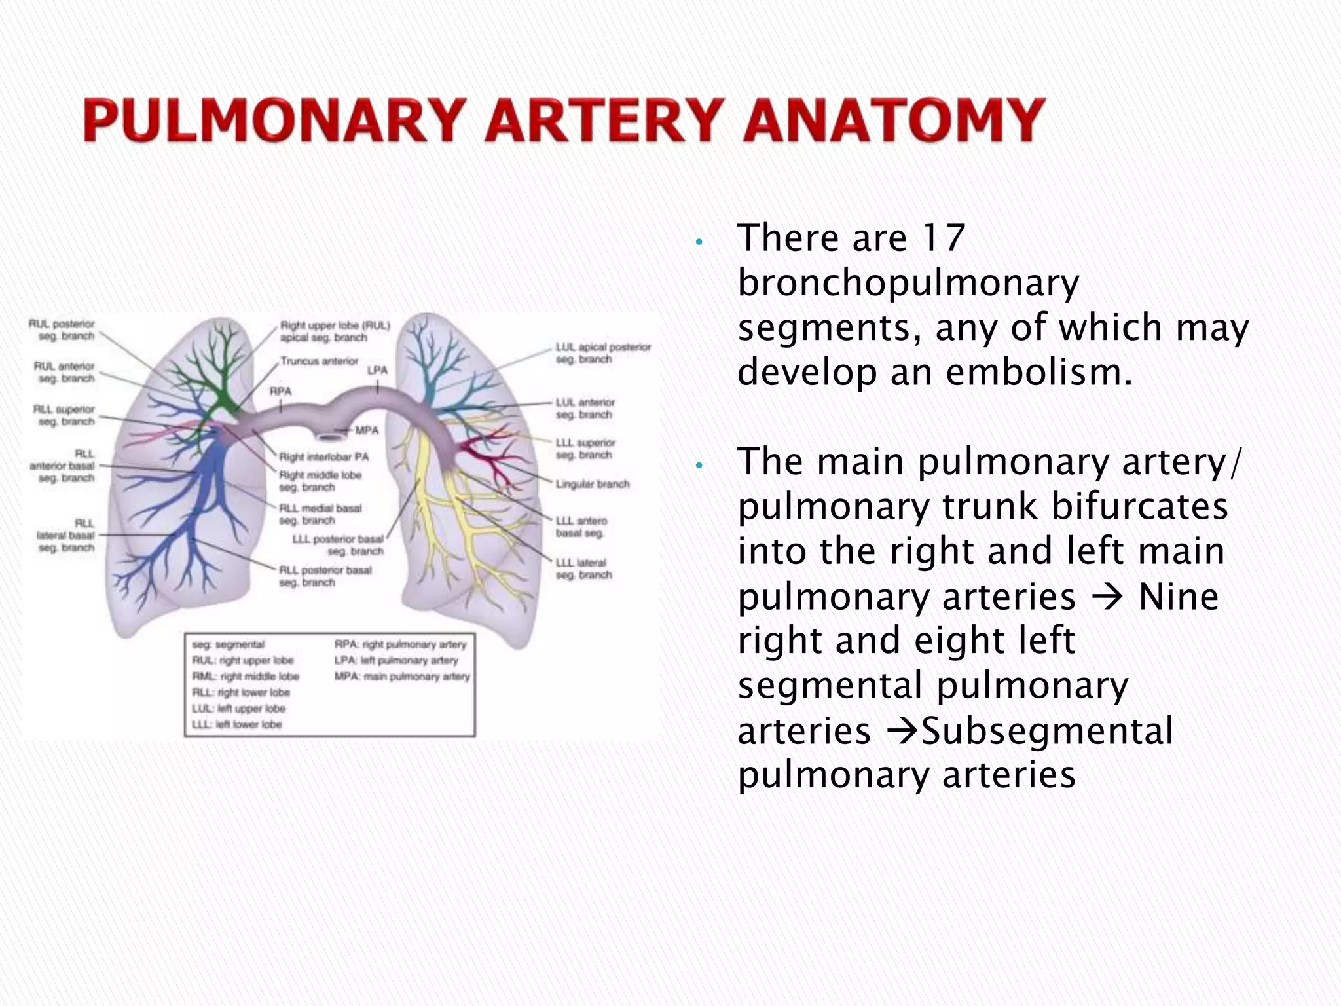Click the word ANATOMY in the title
pos(893,121)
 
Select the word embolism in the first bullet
pos(1039,372)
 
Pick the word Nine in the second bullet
pos(1179,597)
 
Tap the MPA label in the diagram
pos(367,430)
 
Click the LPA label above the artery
pos(377,370)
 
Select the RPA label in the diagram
pos(281,391)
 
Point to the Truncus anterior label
pos(319,361)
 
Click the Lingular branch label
pos(592,484)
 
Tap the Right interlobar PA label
pos(323,456)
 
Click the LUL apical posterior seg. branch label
pos(602,353)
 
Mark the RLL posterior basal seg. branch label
pos(325,576)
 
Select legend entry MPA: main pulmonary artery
pos(402,677)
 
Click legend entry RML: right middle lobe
pos(246,677)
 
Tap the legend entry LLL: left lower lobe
pos(236,724)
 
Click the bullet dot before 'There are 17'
pos(699,242)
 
